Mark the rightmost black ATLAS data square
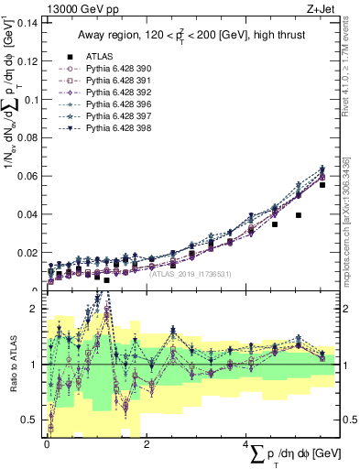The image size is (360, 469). click(322, 185)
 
